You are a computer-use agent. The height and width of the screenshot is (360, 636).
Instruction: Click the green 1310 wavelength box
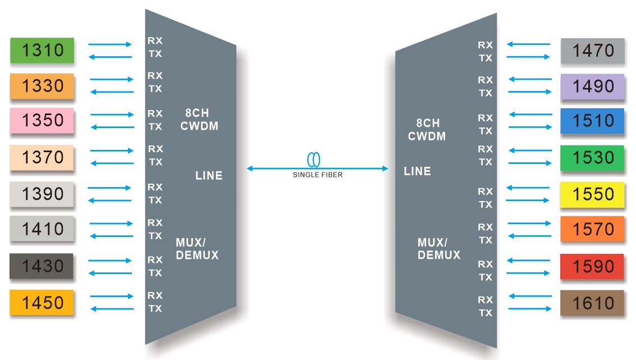click(x=42, y=51)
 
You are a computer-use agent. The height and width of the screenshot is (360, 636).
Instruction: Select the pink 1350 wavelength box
click(x=42, y=121)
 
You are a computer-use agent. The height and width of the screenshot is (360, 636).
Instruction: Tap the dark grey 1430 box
click(x=42, y=266)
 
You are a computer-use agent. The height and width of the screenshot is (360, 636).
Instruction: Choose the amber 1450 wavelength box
click(x=42, y=303)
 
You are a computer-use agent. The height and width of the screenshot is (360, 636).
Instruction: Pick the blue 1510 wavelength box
click(x=592, y=121)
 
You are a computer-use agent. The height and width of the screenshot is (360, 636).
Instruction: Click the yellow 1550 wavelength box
click(x=592, y=194)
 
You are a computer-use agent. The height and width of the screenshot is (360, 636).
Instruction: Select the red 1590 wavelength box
click(x=592, y=266)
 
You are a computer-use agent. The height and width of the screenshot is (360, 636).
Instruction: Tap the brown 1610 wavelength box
click(x=592, y=303)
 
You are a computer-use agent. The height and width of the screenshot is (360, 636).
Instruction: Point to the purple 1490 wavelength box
click(x=592, y=86)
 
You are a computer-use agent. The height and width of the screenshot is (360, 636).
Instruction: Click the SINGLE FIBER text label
click(x=317, y=175)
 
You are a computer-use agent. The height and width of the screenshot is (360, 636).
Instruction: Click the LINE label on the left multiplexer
click(x=209, y=176)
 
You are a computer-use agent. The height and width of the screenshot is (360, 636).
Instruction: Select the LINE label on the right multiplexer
click(x=417, y=171)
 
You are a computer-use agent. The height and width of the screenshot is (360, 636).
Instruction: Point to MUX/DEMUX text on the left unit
click(x=197, y=249)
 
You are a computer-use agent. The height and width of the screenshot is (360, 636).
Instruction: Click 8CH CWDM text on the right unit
click(x=427, y=129)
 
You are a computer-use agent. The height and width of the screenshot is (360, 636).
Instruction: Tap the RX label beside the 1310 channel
click(x=155, y=40)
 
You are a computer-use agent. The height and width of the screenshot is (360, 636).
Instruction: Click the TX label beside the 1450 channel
click(x=155, y=308)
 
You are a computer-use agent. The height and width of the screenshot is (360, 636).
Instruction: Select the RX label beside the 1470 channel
click(x=485, y=45)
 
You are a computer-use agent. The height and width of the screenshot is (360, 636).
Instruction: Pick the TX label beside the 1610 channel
click(x=485, y=313)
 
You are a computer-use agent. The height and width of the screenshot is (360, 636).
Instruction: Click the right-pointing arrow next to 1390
click(x=109, y=188)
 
